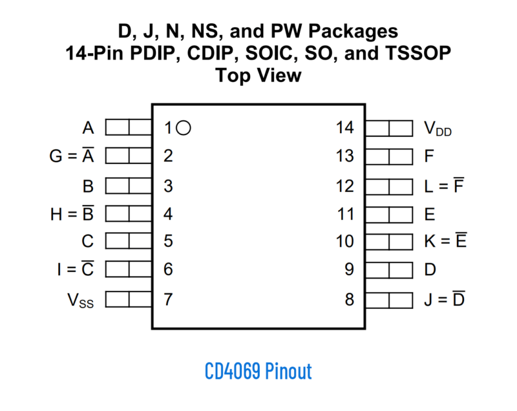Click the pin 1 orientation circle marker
pyautogui.click(x=184, y=128)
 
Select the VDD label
pyautogui.click(x=438, y=129)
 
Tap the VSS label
pyautogui.click(x=80, y=300)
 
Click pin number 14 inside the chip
pyautogui.click(x=345, y=128)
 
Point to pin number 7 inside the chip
pyautogui.click(x=168, y=300)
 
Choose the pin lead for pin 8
pyautogui.click(x=389, y=300)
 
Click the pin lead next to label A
pyautogui.click(x=129, y=127)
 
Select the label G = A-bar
pyautogui.click(x=72, y=155)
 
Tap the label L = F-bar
pyautogui.click(x=444, y=185)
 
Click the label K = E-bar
pyautogui.click(x=445, y=240)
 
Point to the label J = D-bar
pyautogui.click(x=445, y=299)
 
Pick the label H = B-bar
pyautogui.click(x=72, y=213)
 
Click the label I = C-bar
pyautogui.click(x=76, y=269)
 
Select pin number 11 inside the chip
pyautogui.click(x=346, y=215)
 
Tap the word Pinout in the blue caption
pyautogui.click(x=288, y=371)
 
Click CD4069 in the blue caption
pyautogui.click(x=233, y=371)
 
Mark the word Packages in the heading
pyautogui.click(x=353, y=32)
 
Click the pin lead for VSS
pyautogui.click(x=129, y=299)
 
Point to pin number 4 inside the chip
pyautogui.click(x=168, y=215)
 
